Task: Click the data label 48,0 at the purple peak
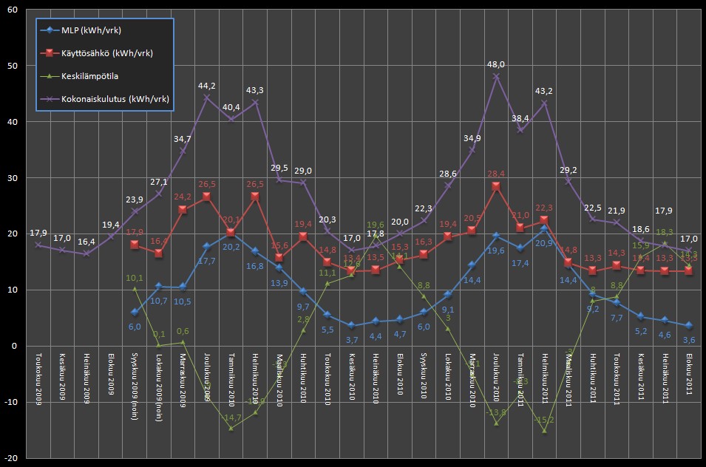pos(496,64)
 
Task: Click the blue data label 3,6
pos(689,339)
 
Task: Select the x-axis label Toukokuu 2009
pos(38,381)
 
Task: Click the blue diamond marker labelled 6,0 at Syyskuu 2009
pos(135,313)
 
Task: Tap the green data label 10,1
pos(135,278)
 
